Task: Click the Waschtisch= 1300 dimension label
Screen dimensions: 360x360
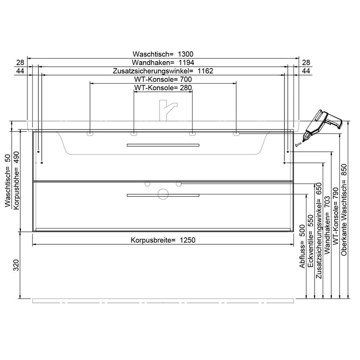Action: click(x=163, y=54)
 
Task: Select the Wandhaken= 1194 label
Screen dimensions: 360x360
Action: click(x=163, y=63)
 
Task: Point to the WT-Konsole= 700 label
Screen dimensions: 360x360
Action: click(x=163, y=79)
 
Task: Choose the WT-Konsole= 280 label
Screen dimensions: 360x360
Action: click(x=163, y=87)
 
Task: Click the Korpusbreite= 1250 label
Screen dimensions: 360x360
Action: click(x=163, y=240)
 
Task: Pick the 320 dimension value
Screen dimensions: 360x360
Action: click(x=16, y=265)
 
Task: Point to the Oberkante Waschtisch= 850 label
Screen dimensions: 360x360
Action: click(x=344, y=209)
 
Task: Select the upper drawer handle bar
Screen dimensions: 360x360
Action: click(x=163, y=145)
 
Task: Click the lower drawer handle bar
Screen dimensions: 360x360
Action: click(x=163, y=195)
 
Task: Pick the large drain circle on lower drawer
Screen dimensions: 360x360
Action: click(x=163, y=193)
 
